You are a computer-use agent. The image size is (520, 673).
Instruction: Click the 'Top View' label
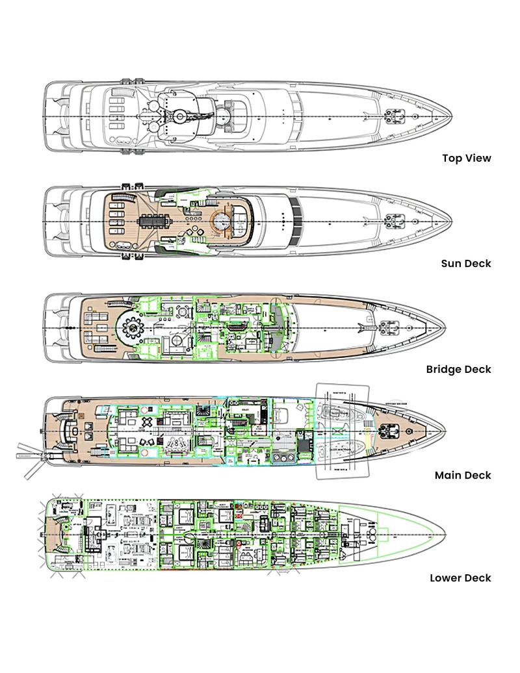(x=467, y=158)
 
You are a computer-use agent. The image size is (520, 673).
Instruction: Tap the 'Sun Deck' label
(x=467, y=264)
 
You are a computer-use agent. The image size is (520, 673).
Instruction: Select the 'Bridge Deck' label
(x=459, y=370)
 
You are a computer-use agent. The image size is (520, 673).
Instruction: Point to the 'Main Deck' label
(x=463, y=476)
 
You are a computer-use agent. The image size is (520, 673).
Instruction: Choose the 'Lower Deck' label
(x=460, y=578)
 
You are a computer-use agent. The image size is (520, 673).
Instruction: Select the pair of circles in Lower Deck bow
(x=374, y=530)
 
